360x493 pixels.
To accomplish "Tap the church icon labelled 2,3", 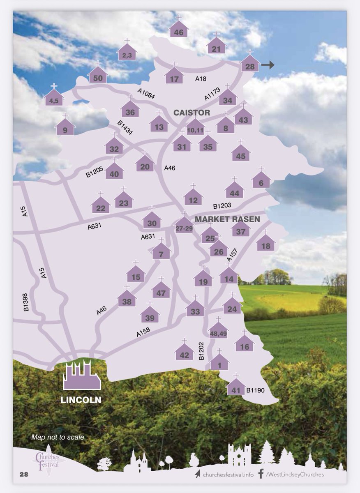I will [x=127, y=53].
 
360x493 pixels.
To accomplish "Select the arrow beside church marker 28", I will [x=269, y=65].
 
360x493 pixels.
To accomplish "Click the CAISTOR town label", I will [x=192, y=113].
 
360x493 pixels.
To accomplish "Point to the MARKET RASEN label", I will [x=227, y=219].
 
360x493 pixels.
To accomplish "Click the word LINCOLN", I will [x=81, y=399].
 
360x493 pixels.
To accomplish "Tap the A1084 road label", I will [x=147, y=95].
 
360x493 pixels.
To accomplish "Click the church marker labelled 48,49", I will [x=219, y=329].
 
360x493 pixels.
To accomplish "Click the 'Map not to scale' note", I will [x=58, y=437].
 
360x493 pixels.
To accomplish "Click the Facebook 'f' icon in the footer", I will [x=261, y=474].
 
